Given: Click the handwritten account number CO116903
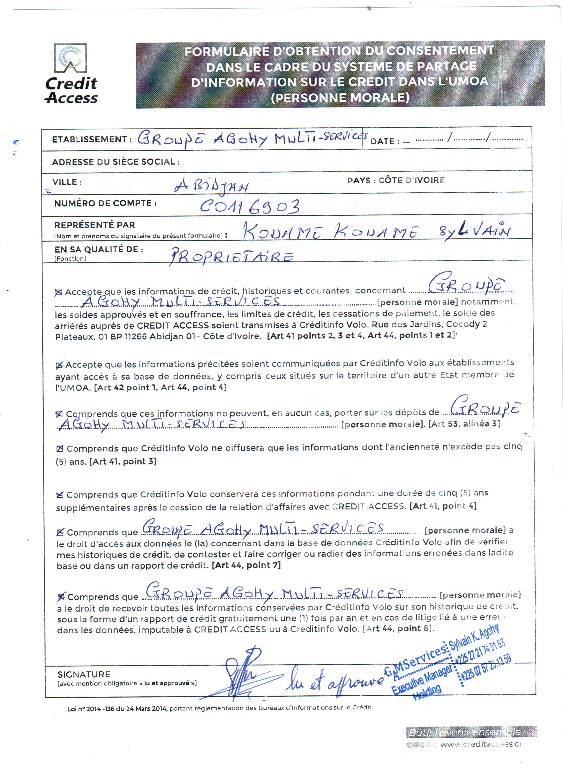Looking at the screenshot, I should pyautogui.click(x=250, y=207).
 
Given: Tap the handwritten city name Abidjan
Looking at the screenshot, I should pyautogui.click(x=212, y=186).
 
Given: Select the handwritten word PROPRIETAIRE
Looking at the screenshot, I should pyautogui.click(x=231, y=257).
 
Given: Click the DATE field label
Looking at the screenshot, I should pyautogui.click(x=385, y=141).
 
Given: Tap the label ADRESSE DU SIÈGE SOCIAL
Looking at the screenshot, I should pyautogui.click(x=116, y=162).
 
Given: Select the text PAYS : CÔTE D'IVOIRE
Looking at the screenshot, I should pyautogui.click(x=396, y=180).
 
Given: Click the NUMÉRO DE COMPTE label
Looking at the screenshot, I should pyautogui.click(x=105, y=203).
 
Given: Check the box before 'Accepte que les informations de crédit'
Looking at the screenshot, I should pyautogui.click(x=58, y=292).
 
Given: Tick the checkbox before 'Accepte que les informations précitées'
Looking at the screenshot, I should pyautogui.click(x=59, y=365).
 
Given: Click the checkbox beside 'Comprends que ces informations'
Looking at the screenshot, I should pyautogui.click(x=59, y=414).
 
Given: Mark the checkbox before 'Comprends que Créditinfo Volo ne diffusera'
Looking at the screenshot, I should pyautogui.click(x=60, y=449).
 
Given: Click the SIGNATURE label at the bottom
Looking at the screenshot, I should pyautogui.click(x=84, y=674).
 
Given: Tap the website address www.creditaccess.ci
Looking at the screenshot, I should pyautogui.click(x=481, y=744).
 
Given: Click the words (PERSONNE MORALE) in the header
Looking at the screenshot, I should pyautogui.click(x=340, y=98).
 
